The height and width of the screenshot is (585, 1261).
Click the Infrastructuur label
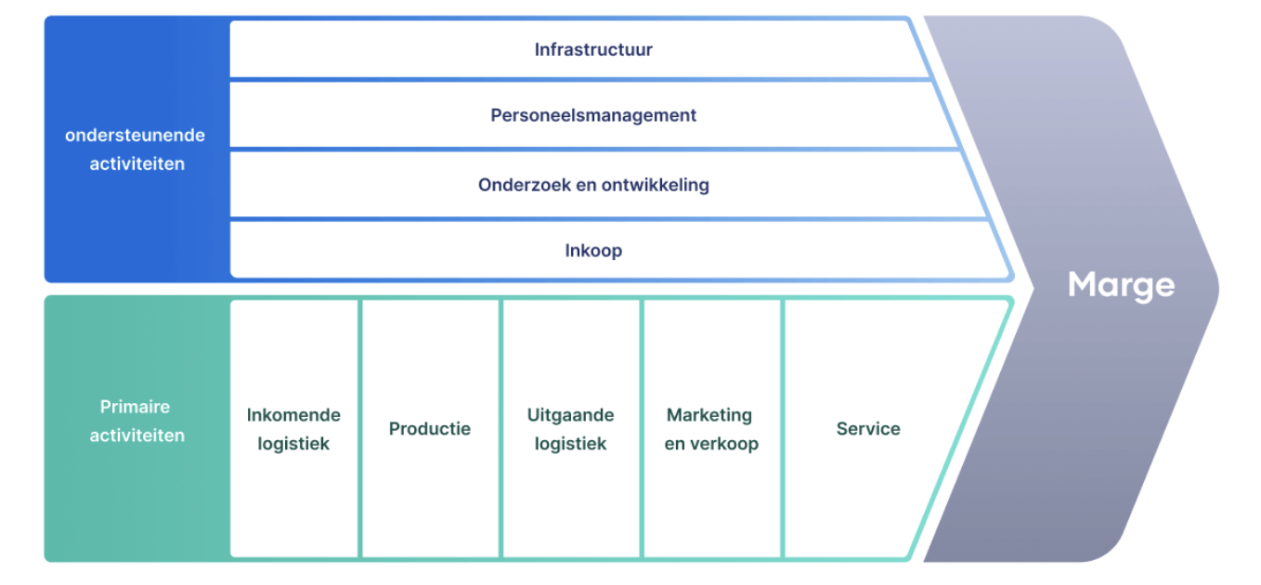(x=593, y=50)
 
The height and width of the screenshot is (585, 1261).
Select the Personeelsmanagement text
(x=593, y=116)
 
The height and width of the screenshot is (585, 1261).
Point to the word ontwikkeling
(x=656, y=185)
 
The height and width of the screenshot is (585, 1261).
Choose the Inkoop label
(x=593, y=251)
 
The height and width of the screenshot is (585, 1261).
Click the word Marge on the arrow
(x=1121, y=285)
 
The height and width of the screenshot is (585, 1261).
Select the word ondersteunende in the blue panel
(x=135, y=136)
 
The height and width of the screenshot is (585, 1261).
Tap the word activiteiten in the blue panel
(x=136, y=164)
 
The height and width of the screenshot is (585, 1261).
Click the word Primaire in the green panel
(x=135, y=407)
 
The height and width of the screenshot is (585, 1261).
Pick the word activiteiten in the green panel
(x=136, y=435)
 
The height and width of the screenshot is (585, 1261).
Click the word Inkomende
(x=293, y=415)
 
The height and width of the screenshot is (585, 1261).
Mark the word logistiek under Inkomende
(x=293, y=444)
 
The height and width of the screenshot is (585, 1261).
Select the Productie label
(x=429, y=429)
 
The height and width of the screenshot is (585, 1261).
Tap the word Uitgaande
(x=570, y=415)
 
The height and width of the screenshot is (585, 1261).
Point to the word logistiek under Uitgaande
(x=570, y=444)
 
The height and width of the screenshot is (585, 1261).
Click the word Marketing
(x=709, y=415)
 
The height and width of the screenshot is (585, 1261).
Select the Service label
(x=868, y=429)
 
